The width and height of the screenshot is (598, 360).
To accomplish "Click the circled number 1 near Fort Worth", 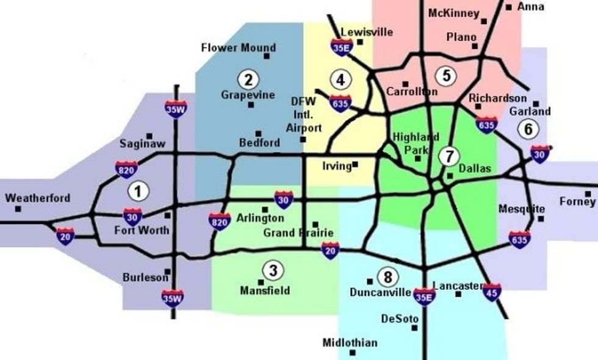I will pos(138,192).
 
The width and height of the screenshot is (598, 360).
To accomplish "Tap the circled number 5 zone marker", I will pos(446,76).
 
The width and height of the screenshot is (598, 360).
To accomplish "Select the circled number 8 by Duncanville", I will pos(386,277).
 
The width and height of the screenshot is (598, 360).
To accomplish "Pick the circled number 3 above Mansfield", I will pos(272,270).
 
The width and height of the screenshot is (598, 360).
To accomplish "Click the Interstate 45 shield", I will pos(491,292).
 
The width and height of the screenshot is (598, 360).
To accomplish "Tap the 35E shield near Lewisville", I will pos(342,46).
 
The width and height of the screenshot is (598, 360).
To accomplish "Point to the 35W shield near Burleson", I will pos(173,297).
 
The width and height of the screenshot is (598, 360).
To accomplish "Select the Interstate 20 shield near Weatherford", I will pos(65,236).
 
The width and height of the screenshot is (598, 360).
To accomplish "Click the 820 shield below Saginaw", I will pos(126,168).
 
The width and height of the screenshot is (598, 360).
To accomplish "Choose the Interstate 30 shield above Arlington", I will pos(283,199).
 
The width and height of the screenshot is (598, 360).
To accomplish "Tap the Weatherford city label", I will pos(37,198).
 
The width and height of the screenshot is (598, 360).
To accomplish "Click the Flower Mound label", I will pos(239,48).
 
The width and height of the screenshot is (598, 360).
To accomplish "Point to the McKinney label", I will pos(454,13).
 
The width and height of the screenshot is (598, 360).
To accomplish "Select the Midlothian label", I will pos(350,343).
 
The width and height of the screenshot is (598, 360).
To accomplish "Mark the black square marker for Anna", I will pos(508,7).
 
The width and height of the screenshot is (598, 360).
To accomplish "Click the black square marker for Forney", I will pos(588,194).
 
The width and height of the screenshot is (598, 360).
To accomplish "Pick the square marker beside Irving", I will pos(355,164).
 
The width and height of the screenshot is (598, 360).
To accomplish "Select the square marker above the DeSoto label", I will pos(414,328).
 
